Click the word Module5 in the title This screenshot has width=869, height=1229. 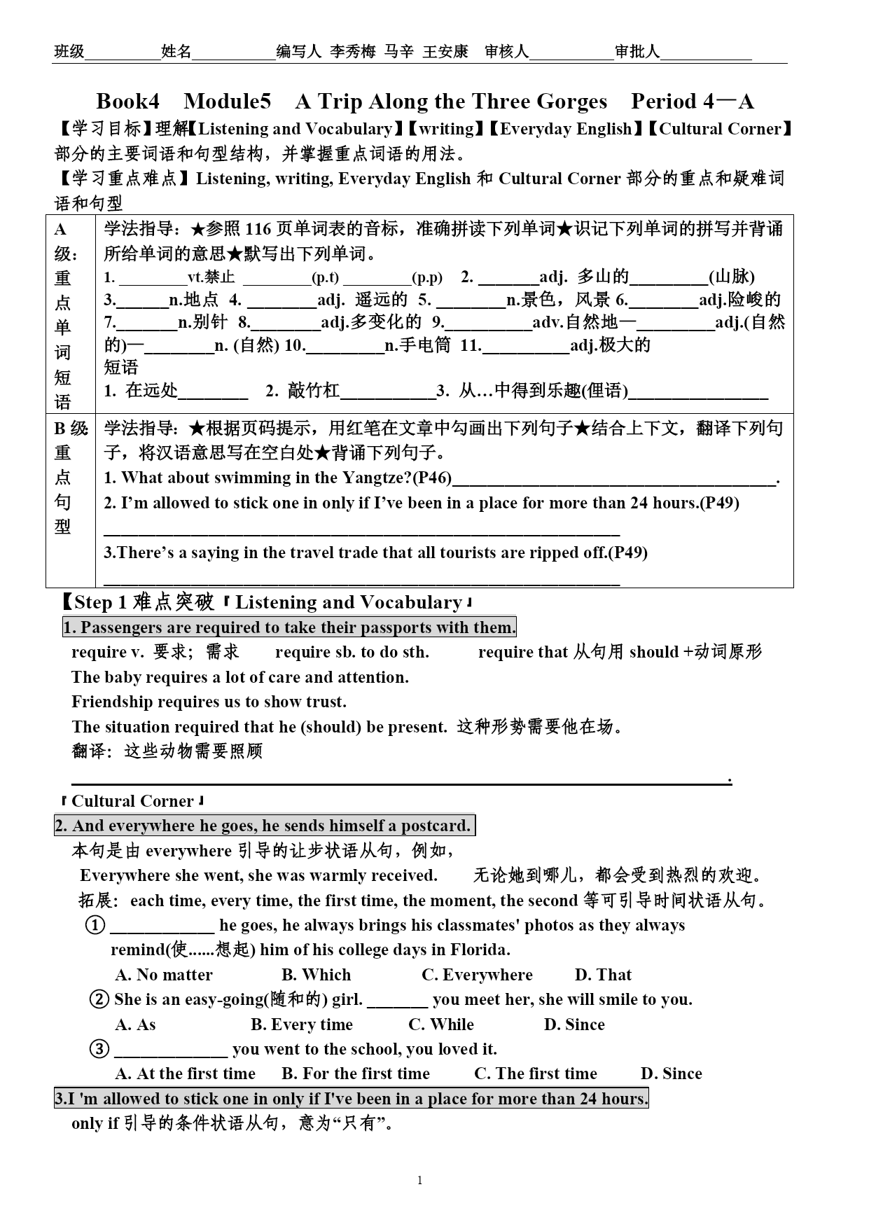227,102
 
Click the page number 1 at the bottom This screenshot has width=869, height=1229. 419,1181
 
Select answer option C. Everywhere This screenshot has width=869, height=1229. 477,975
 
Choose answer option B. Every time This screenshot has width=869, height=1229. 302,1025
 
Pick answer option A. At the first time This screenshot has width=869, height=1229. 186,1074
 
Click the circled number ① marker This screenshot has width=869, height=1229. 95,925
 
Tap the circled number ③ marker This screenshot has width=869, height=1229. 100,1049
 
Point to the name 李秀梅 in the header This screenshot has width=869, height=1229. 354,52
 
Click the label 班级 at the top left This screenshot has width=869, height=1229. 69,52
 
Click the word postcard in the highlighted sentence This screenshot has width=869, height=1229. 436,826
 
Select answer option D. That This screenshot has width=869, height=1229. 603,975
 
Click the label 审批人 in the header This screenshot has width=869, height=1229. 637,52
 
